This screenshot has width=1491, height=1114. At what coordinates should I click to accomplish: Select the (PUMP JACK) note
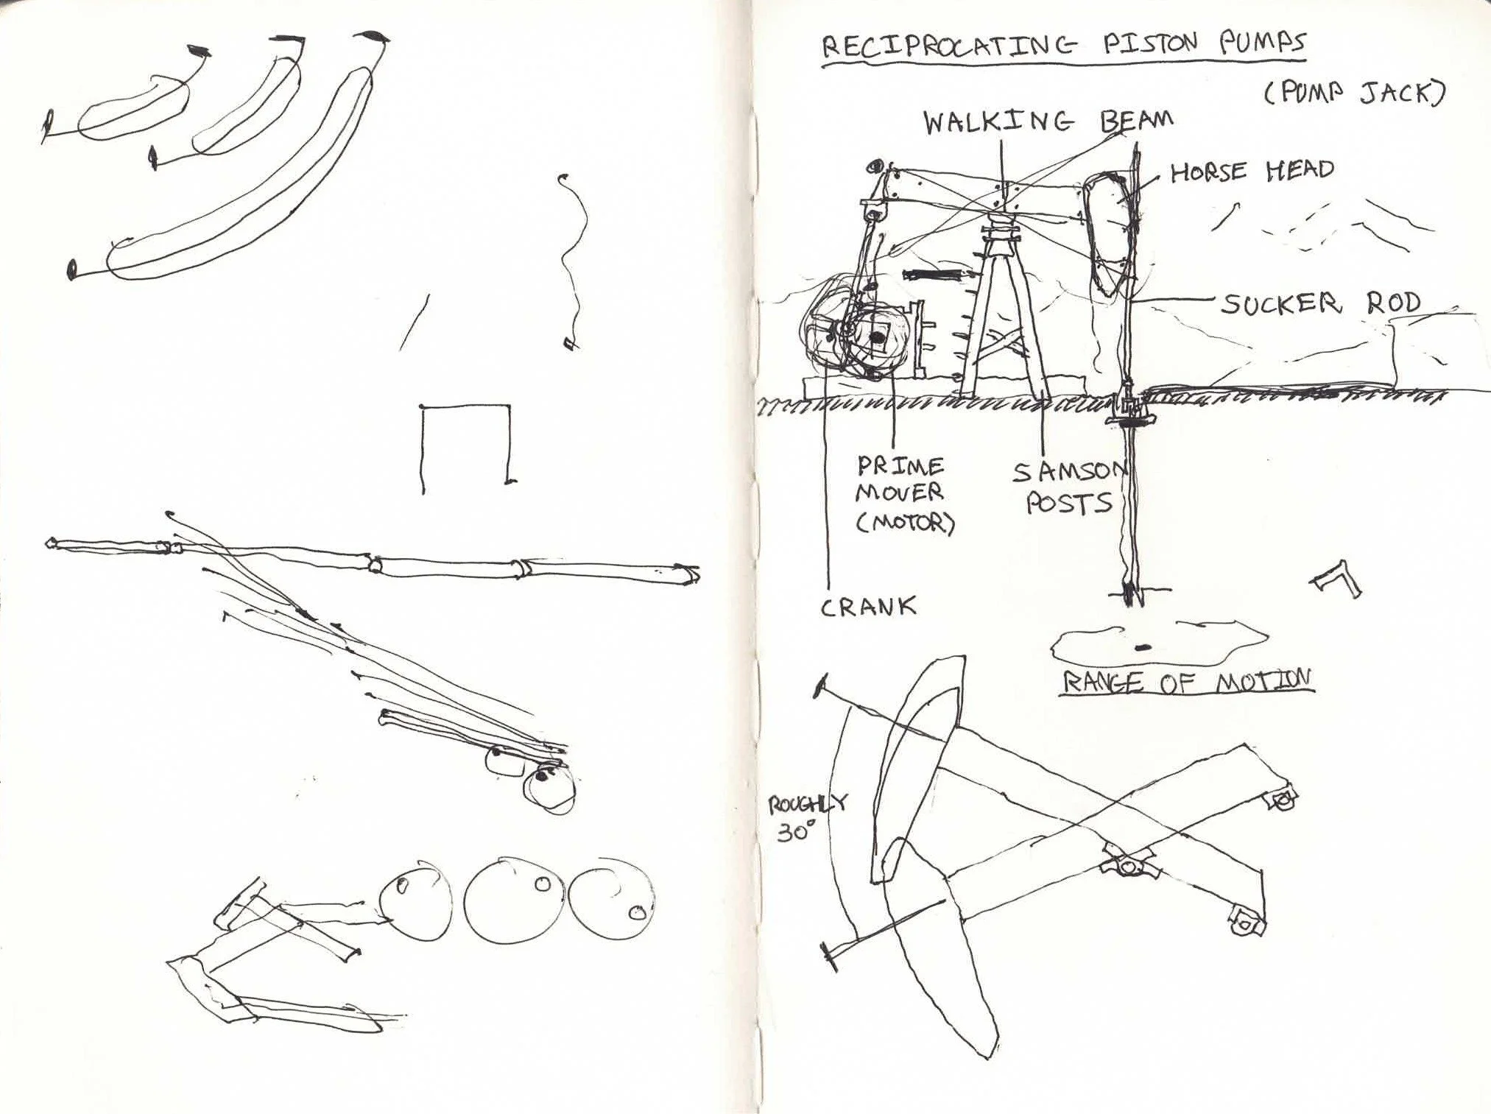1355,94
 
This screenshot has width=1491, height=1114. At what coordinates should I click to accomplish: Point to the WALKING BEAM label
1048,121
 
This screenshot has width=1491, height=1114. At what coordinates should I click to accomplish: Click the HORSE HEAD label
1252,172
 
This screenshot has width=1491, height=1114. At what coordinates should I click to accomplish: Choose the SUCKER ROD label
1321,302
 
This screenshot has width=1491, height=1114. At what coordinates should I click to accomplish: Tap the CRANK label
869,607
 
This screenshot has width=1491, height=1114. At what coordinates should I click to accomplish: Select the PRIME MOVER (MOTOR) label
903,494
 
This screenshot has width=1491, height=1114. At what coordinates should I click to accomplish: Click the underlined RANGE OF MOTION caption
1187,681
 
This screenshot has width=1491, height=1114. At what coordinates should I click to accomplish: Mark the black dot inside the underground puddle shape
1142,648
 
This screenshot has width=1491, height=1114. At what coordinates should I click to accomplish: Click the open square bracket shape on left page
466,444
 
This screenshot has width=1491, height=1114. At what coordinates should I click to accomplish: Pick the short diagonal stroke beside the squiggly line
414,322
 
